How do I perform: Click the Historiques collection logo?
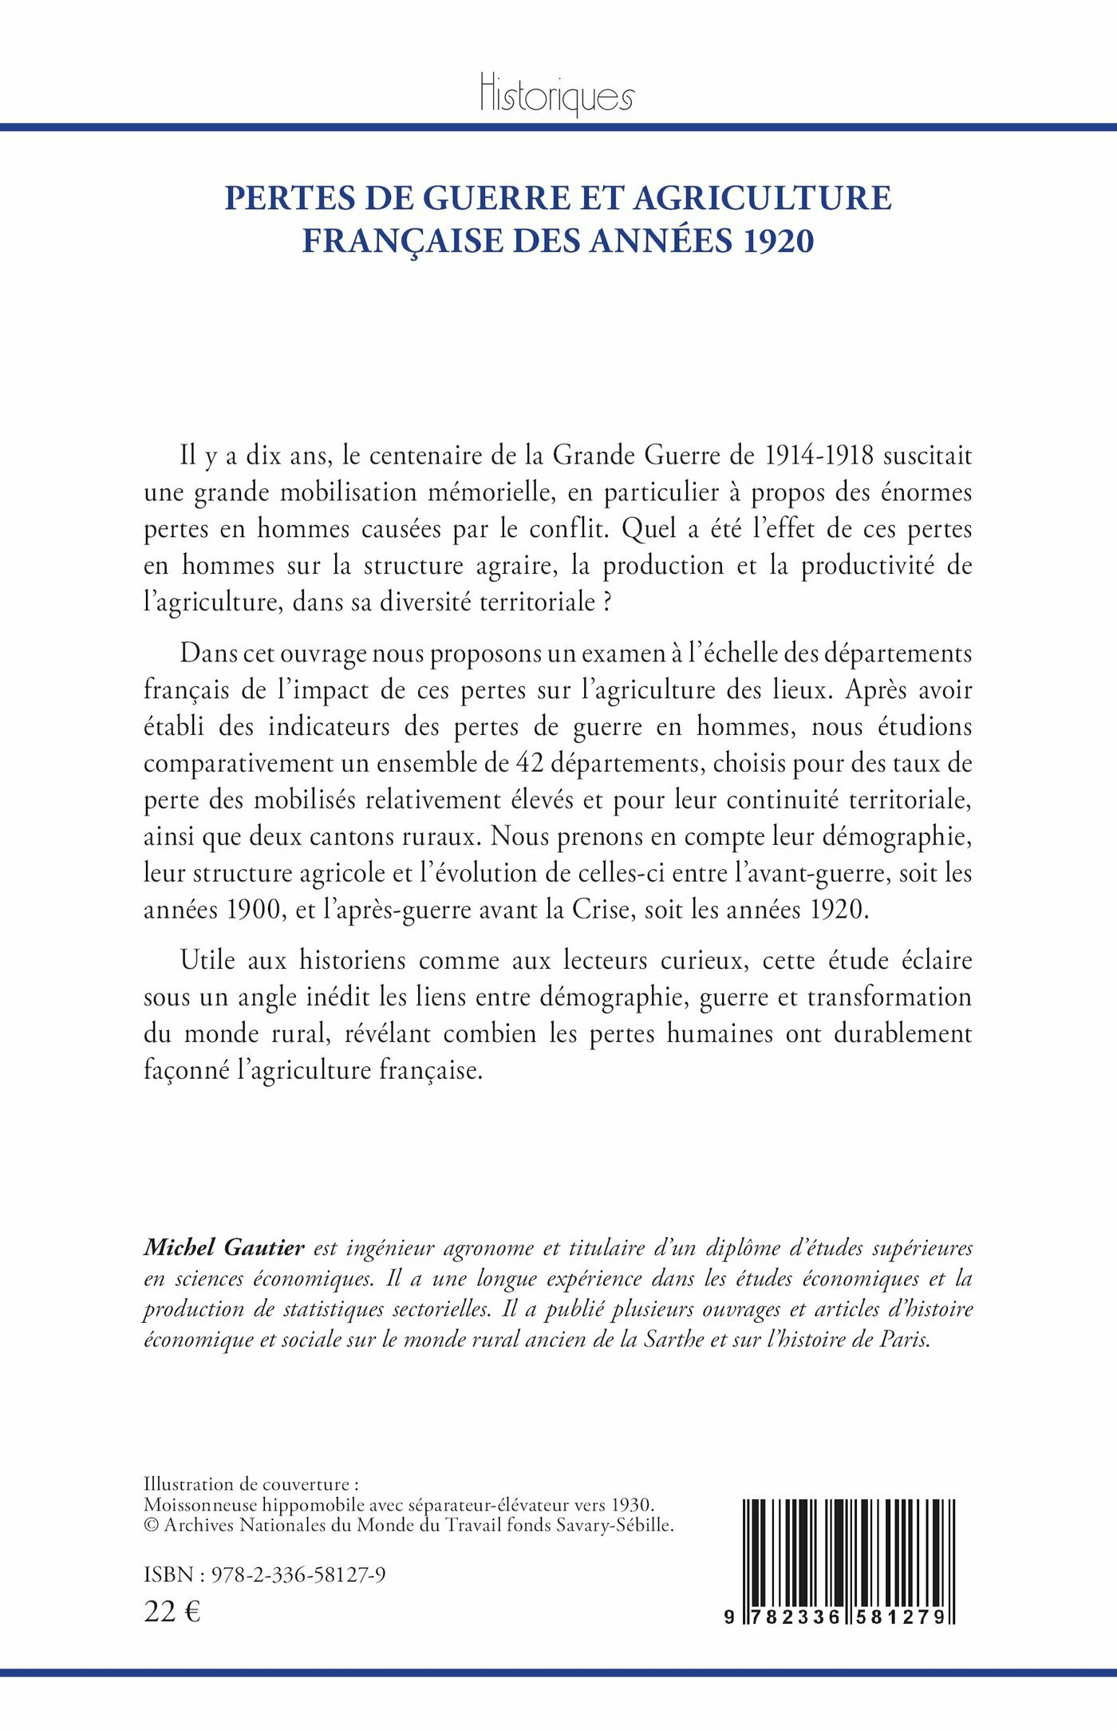[557, 96]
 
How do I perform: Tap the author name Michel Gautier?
[224, 1247]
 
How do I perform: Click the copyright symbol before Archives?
[151, 1525]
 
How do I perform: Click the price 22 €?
[172, 1612]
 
